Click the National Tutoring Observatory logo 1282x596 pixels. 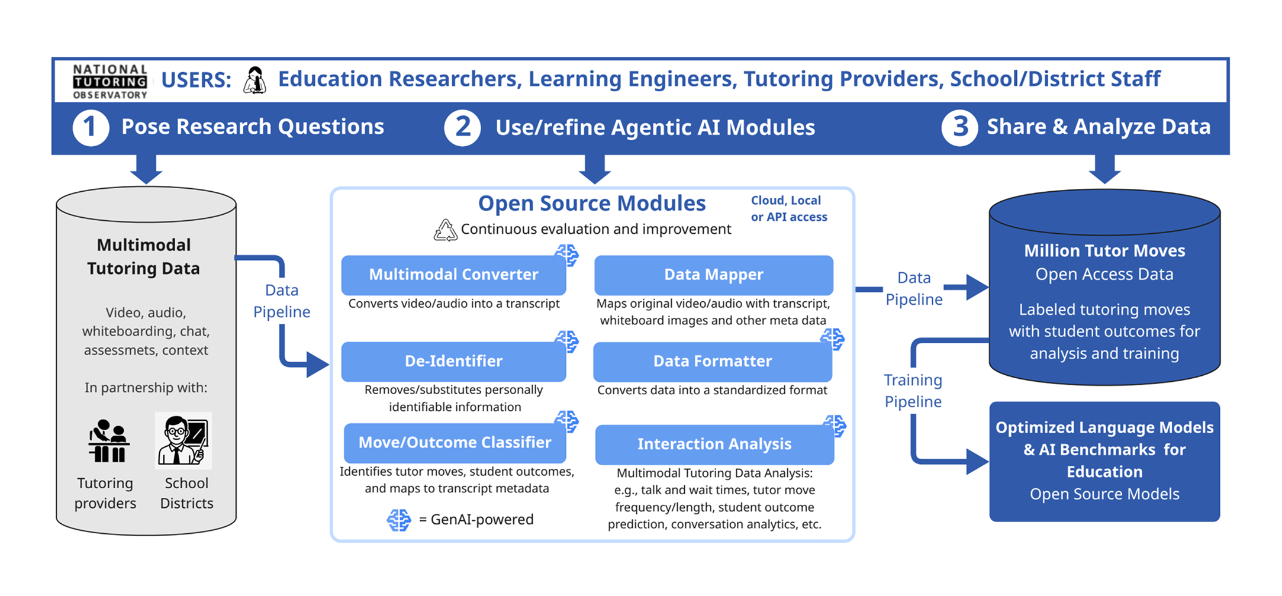(109, 80)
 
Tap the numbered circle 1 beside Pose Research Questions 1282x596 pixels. (91, 127)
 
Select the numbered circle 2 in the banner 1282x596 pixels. (462, 127)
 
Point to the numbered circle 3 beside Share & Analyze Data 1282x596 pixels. (959, 127)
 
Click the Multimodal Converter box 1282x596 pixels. (453, 275)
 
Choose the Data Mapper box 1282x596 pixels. (713, 275)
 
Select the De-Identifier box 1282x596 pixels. (453, 361)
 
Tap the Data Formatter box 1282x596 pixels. (712, 361)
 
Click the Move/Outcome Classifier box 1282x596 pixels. (455, 443)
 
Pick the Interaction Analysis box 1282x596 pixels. (714, 444)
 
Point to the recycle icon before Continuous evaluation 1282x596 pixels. (445, 230)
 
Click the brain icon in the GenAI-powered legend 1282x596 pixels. (399, 520)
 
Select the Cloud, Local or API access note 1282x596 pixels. (788, 208)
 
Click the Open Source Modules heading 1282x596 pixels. (591, 203)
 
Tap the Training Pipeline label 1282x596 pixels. (913, 391)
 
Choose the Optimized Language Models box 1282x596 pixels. (1104, 461)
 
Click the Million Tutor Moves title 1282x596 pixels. (1104, 250)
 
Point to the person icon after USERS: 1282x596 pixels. (255, 80)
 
